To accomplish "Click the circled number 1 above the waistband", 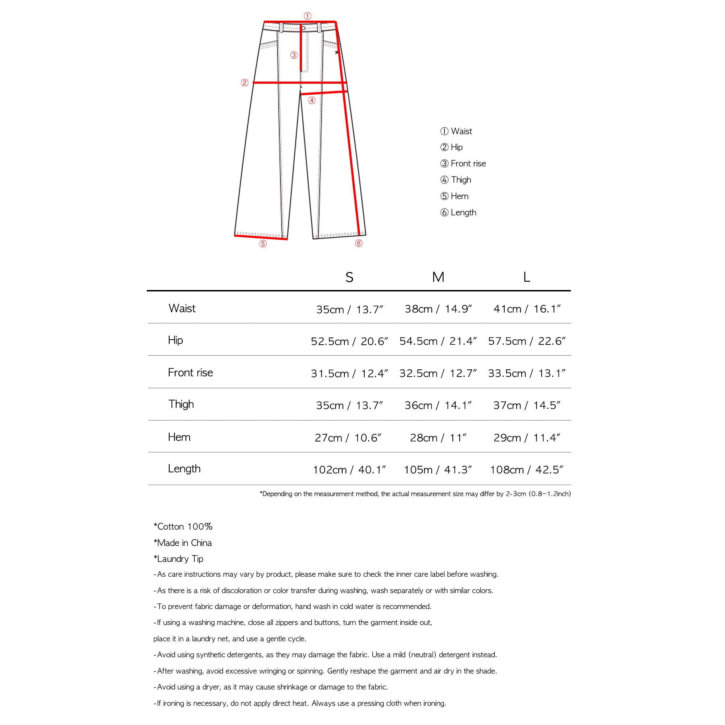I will coord(307,16).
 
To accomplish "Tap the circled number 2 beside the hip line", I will coord(244,83).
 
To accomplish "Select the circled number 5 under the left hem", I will coord(263,244).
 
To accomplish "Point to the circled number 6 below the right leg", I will coord(359,243).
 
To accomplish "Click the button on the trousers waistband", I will coord(303,28).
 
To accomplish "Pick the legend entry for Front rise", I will coord(463,163).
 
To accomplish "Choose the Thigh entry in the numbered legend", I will coord(456,180).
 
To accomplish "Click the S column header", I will coord(349,277).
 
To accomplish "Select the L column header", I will coord(526,277).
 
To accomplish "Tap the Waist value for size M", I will coord(438,309).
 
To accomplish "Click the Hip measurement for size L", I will coord(526,341).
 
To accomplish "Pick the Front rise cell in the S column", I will coord(349,373).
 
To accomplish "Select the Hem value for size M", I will coord(438,438).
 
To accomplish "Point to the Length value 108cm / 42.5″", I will coord(526,470).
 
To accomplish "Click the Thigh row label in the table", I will coord(181,404).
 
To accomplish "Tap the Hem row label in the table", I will coord(179,437).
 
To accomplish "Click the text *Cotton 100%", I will coord(183,526).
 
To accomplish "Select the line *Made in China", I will coord(182,543).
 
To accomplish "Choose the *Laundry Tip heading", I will coord(178,559).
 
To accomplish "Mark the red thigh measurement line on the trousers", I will coord(323,92).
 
